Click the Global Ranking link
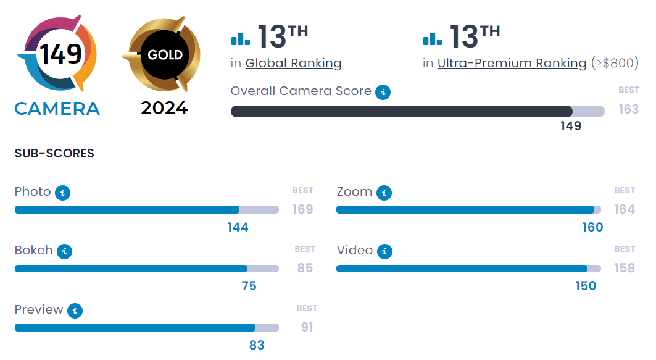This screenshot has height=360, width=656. click(293, 63)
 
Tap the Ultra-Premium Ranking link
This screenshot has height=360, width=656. click(512, 63)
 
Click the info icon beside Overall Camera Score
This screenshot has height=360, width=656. click(383, 93)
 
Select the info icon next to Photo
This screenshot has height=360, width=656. click(62, 193)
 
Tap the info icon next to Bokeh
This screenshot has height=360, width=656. click(64, 252)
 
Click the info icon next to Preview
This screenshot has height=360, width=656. click(75, 311)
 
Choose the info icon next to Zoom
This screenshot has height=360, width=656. click(384, 193)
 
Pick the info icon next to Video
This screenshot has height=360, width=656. click(384, 252)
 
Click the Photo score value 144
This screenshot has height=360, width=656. click(238, 227)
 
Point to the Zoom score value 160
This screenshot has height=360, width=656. click(592, 227)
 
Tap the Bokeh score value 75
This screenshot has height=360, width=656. click(249, 286)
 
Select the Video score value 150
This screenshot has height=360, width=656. click(586, 286)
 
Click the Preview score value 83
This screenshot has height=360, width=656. click(257, 345)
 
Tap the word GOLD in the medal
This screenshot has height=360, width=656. click(165, 55)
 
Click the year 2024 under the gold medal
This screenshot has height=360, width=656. click(164, 108)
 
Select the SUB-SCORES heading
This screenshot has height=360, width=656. click(54, 153)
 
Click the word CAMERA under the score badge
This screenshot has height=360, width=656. click(57, 109)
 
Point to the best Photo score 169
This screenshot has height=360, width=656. click(302, 209)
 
